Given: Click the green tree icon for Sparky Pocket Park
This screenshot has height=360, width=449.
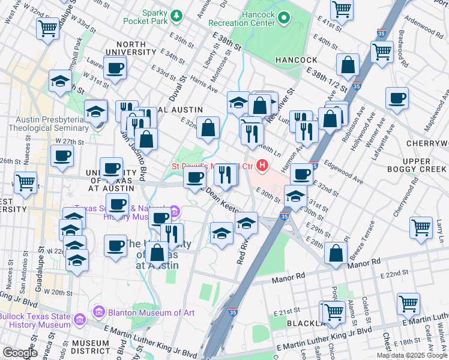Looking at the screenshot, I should click(176, 14).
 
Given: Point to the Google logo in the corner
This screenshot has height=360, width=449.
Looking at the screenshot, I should click(20, 353).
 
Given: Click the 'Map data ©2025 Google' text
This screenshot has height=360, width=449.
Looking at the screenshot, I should click(412, 355).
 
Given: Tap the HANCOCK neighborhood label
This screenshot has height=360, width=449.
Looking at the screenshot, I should click(297, 60).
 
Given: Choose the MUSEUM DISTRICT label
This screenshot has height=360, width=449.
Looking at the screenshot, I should click(90, 347).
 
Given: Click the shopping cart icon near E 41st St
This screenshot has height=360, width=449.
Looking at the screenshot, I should click(341, 10).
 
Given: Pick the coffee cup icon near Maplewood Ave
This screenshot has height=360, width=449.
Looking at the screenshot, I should click(396, 98).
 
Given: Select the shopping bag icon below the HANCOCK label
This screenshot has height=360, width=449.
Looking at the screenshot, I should click(348, 65).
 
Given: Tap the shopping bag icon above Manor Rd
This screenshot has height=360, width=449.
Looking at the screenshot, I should click(336, 253).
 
